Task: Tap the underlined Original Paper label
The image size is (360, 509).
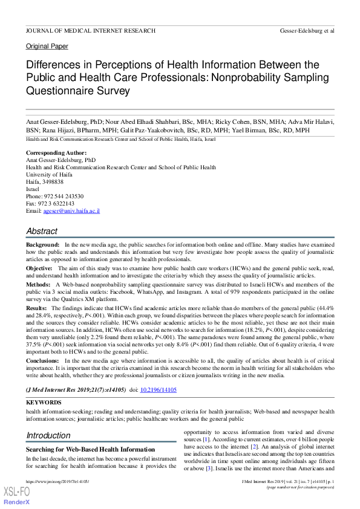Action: pos(47,46)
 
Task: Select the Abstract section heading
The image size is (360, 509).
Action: pos(42,231)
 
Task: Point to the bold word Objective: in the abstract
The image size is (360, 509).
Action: pos(40,268)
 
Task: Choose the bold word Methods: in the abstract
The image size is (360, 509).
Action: pos(38,284)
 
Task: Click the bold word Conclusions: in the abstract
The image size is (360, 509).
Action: pos(44,360)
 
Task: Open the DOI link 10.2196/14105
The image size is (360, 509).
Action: pos(159,391)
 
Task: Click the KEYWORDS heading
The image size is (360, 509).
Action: pos(44,402)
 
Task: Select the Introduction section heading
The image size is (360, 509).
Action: pos(48,435)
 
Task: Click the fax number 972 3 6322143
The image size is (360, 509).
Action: pos(57,204)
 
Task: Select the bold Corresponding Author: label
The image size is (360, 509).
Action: pos(56,153)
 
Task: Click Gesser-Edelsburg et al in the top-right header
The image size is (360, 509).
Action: pos(307,30)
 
